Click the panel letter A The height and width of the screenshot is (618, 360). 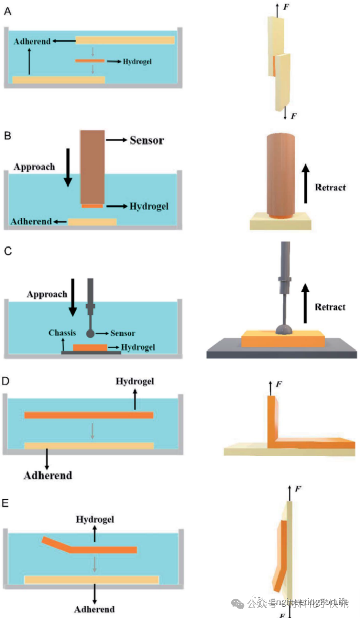[7, 11]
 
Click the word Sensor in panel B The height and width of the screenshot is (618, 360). [147, 140]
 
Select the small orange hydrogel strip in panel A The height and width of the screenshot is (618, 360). [89, 61]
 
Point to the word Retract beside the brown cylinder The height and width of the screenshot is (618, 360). [330, 188]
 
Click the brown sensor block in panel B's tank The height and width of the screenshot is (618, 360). [93, 164]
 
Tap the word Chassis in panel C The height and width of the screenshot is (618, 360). [63, 333]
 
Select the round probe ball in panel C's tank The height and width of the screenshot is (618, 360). [90, 334]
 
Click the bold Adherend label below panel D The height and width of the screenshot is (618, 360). [48, 475]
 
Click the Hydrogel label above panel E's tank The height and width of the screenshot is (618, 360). [95, 519]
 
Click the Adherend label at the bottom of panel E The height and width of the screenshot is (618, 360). [94, 609]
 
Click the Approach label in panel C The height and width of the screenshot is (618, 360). [47, 294]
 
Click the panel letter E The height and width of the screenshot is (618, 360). [6, 503]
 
